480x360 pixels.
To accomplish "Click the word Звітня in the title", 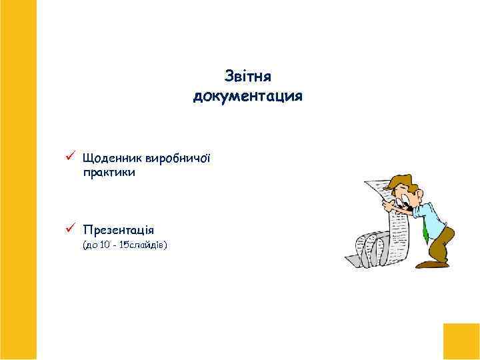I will [x=247, y=77].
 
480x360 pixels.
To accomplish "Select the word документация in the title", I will [x=247, y=97].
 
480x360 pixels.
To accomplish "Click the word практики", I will [x=109, y=172].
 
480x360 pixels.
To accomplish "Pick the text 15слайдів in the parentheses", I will [x=143, y=246].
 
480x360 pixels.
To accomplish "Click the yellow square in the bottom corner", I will [x=461, y=341].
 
